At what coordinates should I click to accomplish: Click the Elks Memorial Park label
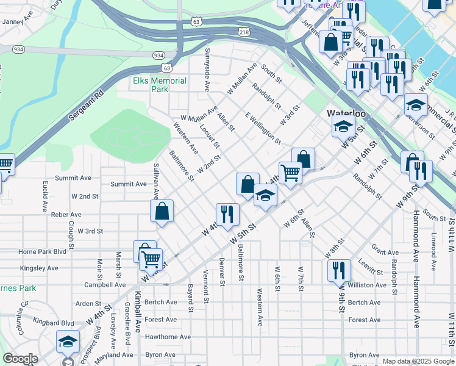tap(160, 85)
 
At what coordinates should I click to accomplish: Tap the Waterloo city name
tap(346, 113)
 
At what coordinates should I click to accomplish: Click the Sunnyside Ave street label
tap(207, 70)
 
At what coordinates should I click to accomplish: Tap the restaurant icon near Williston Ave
tap(339, 270)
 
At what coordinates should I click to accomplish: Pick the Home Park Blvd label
tap(42, 251)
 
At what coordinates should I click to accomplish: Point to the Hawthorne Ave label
tap(168, 337)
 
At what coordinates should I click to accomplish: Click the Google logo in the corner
tap(20, 359)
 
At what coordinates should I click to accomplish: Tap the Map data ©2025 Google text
tap(418, 361)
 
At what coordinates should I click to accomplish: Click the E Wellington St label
tap(263, 128)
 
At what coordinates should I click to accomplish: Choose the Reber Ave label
tap(66, 215)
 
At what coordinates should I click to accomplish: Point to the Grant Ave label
tap(385, 252)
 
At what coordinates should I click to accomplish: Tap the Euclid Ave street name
tap(45, 196)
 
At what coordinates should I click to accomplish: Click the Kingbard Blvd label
tap(54, 323)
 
